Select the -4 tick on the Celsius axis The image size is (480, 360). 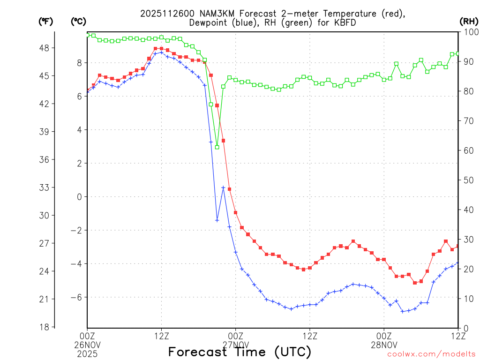click(75, 264)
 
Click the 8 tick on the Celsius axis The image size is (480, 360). click(79, 63)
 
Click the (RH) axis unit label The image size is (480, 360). click(468, 21)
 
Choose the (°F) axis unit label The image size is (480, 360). click(45, 21)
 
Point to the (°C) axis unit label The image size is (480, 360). click(78, 21)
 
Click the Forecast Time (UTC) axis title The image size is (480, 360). click(240, 352)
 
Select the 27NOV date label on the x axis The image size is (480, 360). click(235, 345)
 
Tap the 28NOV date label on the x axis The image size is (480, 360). click(384, 345)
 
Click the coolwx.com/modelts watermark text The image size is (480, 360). click(431, 354)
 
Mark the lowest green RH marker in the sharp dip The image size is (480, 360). click(217, 147)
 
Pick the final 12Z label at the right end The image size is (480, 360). click(458, 336)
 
